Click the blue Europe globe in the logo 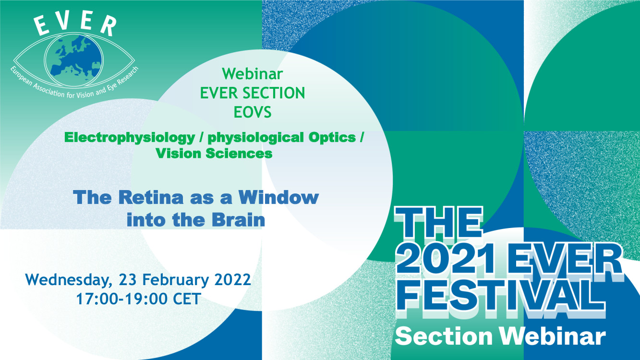tap(74, 60)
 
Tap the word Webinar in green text tap(253, 74)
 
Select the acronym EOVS tap(253, 112)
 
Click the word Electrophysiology tap(130, 138)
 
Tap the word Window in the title tap(278, 197)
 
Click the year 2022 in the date tap(233, 280)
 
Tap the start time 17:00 tap(97, 299)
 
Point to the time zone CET tap(187, 299)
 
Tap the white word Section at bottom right tap(444, 336)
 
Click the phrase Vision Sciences tap(214, 154)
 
